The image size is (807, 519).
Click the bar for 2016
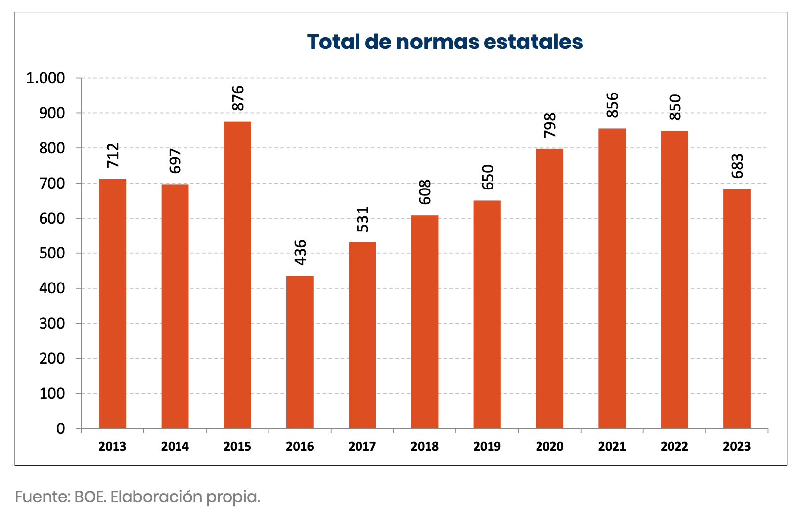tap(300, 352)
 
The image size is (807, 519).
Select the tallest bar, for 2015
tap(237, 275)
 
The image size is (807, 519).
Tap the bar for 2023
tap(737, 308)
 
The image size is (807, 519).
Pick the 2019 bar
tap(487, 314)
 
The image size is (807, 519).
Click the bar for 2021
tap(612, 278)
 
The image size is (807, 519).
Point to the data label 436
tap(300, 252)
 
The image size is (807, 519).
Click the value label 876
tap(238, 98)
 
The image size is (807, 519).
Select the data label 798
tap(550, 125)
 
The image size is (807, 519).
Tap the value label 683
tap(737, 166)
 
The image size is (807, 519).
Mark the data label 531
tap(362, 219)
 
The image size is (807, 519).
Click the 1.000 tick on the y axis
tap(45, 78)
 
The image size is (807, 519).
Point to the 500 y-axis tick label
tap(52, 253)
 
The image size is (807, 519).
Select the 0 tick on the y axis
tap(60, 428)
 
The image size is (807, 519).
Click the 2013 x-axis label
tap(112, 447)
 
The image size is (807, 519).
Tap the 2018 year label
tap(424, 447)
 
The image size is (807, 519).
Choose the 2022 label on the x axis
tap(674, 447)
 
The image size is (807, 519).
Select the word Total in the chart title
tap(333, 42)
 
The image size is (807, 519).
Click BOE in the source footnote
tap(90, 497)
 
